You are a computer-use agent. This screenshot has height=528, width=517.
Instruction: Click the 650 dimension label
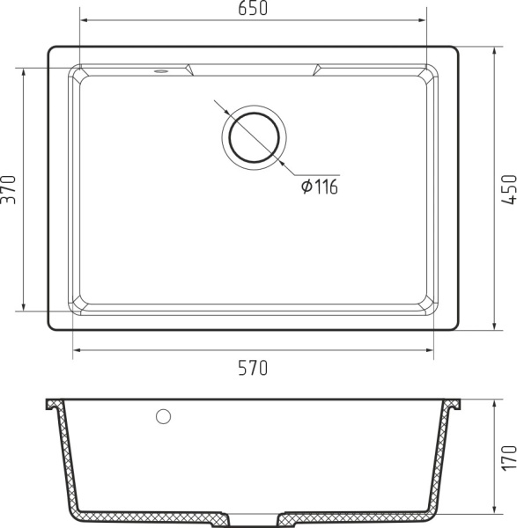pos(253,8)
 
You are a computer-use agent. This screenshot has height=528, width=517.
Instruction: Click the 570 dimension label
pos(253,368)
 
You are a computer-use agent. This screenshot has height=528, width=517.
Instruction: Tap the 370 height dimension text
pos(9,189)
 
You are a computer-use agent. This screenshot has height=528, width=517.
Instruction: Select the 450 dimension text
pos(509,189)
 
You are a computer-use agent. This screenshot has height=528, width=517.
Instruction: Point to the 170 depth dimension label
pos(509,458)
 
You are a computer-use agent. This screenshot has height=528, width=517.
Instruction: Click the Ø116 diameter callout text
pos(319,187)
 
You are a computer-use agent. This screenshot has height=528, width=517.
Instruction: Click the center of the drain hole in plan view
pos(255,138)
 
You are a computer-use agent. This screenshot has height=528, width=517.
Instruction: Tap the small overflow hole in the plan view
pos(160,71)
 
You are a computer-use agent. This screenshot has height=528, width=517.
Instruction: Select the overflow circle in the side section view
pos(164,416)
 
